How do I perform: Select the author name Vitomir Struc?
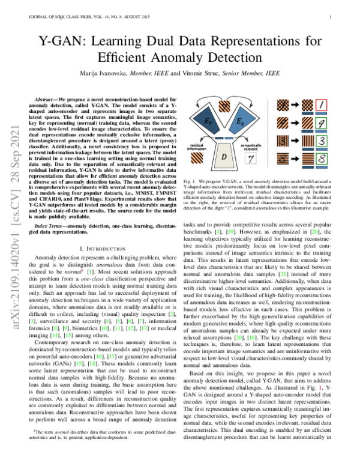[x=224, y=73]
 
